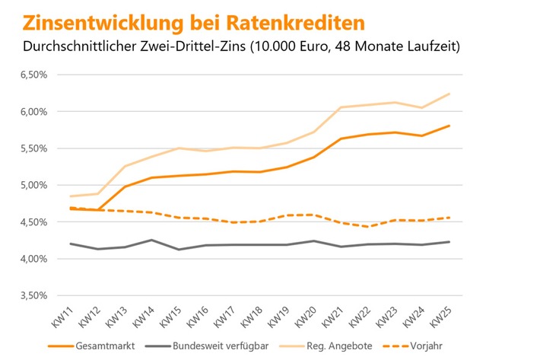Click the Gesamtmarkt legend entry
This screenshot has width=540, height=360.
(x=100, y=346)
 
